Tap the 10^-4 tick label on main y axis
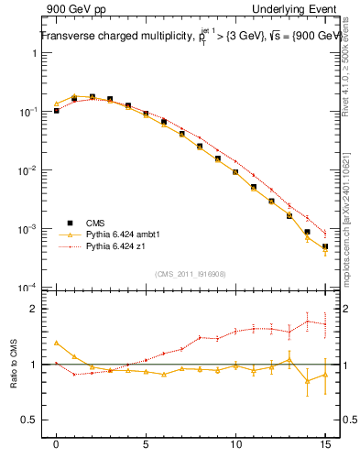click(30, 289)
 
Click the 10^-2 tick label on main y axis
click(30, 170)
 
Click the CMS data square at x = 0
click(57, 111)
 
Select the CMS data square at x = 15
click(325, 246)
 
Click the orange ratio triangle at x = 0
click(57, 343)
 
